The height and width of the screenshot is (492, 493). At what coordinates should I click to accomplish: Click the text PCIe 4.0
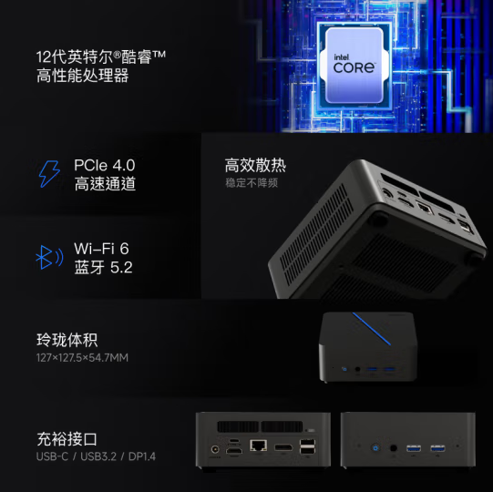pyautogui.click(x=104, y=165)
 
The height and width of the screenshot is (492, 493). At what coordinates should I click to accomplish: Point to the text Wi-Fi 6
pyautogui.click(x=102, y=248)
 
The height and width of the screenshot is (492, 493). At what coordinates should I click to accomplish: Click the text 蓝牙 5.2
pyautogui.click(x=103, y=267)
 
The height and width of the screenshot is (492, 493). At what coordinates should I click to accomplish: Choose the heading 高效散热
pyautogui.click(x=255, y=165)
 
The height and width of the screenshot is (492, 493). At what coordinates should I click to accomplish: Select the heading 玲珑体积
pyautogui.click(x=67, y=341)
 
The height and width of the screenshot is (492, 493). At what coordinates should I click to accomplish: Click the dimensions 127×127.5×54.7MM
pyautogui.click(x=82, y=357)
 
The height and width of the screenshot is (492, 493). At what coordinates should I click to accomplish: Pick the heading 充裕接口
pyautogui.click(x=67, y=439)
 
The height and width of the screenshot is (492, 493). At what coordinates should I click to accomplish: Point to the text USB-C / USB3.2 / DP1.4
pyautogui.click(x=96, y=456)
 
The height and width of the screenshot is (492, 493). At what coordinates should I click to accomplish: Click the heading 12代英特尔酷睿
pyautogui.click(x=100, y=57)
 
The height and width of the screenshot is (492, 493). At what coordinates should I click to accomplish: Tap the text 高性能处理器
pyautogui.click(x=82, y=77)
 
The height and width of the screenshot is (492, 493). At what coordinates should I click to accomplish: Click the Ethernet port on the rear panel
pyautogui.click(x=258, y=446)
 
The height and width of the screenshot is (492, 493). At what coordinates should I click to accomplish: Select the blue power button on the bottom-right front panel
pyautogui.click(x=375, y=447)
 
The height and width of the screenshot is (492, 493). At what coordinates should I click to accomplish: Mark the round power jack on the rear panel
pyautogui.click(x=215, y=448)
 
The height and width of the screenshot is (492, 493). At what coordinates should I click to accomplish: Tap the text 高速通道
pyautogui.click(x=105, y=184)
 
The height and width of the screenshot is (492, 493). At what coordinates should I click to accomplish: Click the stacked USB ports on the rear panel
pyautogui.click(x=307, y=446)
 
